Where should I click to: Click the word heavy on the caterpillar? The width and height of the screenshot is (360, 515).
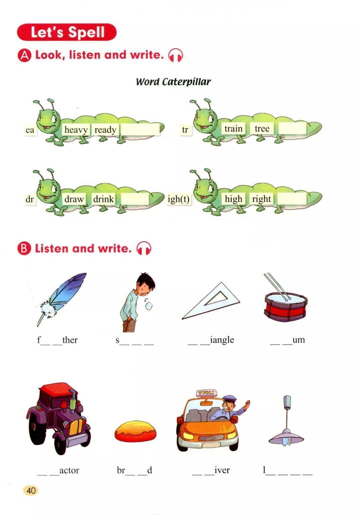point(76,130)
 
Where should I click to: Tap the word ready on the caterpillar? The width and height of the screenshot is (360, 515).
point(105,130)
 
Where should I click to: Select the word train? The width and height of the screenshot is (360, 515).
point(233,129)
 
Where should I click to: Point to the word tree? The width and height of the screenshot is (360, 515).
point(262,129)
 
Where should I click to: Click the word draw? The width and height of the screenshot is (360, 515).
point(74,199)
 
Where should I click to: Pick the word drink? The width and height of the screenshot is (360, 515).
point(103,199)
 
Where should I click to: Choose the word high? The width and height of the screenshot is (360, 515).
point(233,199)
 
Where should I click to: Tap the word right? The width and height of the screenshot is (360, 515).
point(261,199)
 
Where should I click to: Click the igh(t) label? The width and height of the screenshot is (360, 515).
point(178,199)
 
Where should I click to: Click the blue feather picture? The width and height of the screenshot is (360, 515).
point(61,299)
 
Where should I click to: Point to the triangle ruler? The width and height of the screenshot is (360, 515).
point(210,301)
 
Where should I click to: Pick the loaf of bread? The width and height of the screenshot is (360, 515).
point(136,432)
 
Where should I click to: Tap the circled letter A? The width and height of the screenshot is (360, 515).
point(24,55)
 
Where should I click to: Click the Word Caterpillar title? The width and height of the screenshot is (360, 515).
point(173,82)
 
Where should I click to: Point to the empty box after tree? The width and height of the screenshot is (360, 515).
point(292,128)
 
